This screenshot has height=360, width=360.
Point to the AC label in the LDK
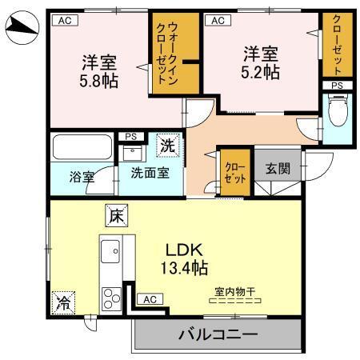pos(148,299)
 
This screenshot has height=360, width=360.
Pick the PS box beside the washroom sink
pos(130,136)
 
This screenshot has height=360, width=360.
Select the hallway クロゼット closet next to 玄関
pos(235,173)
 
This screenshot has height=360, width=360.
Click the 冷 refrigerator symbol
pos(62,302)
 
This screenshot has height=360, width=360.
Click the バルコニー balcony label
pos(212,334)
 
